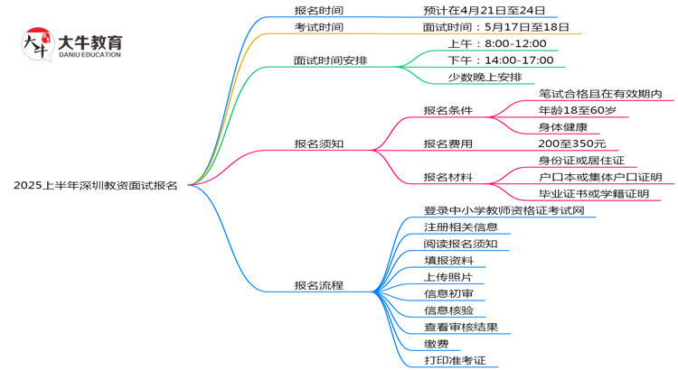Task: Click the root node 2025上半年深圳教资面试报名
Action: (95, 185)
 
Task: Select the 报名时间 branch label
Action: (318, 10)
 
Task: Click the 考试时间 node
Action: (318, 27)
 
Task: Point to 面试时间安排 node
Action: (330, 60)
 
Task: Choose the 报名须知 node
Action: (318, 143)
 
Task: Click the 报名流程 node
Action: (318, 285)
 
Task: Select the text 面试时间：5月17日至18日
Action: (495, 27)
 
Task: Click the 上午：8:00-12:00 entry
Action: (496, 43)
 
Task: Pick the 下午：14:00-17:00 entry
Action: (500, 60)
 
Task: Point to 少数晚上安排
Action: (485, 77)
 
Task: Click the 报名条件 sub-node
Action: (448, 110)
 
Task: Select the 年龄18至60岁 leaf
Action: (577, 110)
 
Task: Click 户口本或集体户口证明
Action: (599, 177)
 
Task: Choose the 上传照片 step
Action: (447, 277)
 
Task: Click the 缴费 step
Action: (436, 344)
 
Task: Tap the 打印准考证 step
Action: (455, 360)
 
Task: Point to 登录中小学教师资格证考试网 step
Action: (504, 210)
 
